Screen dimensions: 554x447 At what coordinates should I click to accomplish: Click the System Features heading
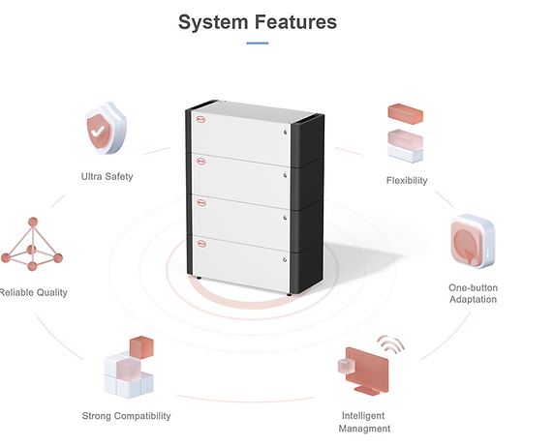(x=258, y=22)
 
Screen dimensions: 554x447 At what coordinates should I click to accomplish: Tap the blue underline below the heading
(x=258, y=44)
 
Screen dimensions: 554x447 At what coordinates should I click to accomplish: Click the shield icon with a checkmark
(x=106, y=128)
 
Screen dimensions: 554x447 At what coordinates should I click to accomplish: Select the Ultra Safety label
(x=108, y=176)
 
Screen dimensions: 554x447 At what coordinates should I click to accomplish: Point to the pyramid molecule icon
(x=32, y=245)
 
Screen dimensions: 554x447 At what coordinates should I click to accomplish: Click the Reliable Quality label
(x=34, y=292)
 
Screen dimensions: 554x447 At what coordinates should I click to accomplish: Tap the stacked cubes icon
(x=129, y=368)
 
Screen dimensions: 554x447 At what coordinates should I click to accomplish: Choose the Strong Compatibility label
(x=126, y=416)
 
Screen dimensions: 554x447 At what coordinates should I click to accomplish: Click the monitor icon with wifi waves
(x=369, y=366)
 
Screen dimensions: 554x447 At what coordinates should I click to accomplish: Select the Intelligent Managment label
(x=364, y=422)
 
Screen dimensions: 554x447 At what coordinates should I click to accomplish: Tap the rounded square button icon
(x=473, y=241)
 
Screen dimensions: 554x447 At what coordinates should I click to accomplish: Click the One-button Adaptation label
(x=473, y=293)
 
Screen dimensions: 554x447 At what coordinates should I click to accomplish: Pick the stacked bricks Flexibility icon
(x=406, y=134)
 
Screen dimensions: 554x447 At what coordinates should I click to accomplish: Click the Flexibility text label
(x=407, y=180)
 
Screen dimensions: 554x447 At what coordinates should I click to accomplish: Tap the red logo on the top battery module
(x=200, y=120)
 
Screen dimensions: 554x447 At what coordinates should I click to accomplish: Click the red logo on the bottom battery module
(x=201, y=244)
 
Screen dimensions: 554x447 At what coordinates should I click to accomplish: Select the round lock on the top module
(x=285, y=133)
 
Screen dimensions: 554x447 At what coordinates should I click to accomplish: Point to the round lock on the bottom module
(x=285, y=260)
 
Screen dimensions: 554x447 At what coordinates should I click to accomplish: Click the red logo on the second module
(x=200, y=163)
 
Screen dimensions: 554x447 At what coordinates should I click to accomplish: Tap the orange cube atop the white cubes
(x=141, y=347)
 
